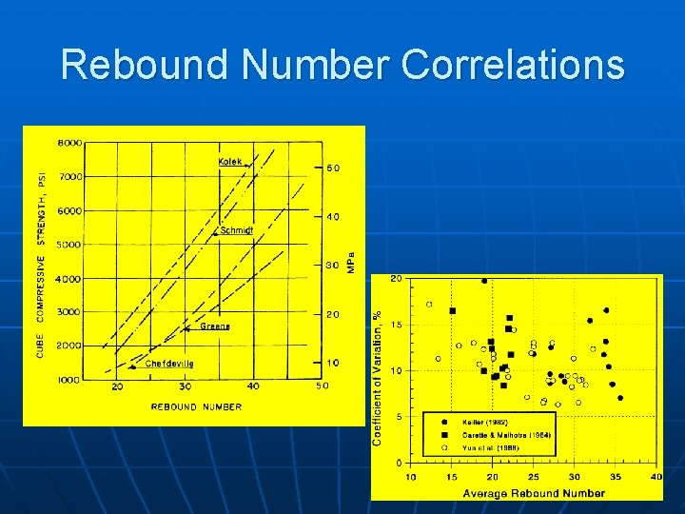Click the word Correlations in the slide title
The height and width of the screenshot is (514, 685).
click(x=513, y=65)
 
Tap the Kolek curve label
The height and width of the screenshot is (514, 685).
click(x=230, y=161)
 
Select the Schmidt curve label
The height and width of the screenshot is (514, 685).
click(x=237, y=230)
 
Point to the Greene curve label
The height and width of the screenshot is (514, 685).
click(x=214, y=326)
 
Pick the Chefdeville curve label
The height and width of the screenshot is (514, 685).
click(x=168, y=364)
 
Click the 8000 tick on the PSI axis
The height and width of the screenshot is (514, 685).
click(x=70, y=144)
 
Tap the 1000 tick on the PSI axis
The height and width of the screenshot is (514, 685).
click(x=70, y=380)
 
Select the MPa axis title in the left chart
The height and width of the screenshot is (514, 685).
click(x=350, y=263)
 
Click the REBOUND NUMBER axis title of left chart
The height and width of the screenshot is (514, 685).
click(x=196, y=407)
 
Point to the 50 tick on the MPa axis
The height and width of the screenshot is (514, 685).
click(x=333, y=168)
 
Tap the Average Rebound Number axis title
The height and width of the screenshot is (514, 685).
click(x=534, y=493)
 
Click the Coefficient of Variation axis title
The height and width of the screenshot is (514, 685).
click(x=378, y=377)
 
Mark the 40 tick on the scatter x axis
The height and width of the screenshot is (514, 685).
click(x=656, y=477)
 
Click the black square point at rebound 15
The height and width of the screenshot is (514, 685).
click(x=452, y=311)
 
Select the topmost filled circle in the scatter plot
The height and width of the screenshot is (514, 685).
click(x=484, y=281)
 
